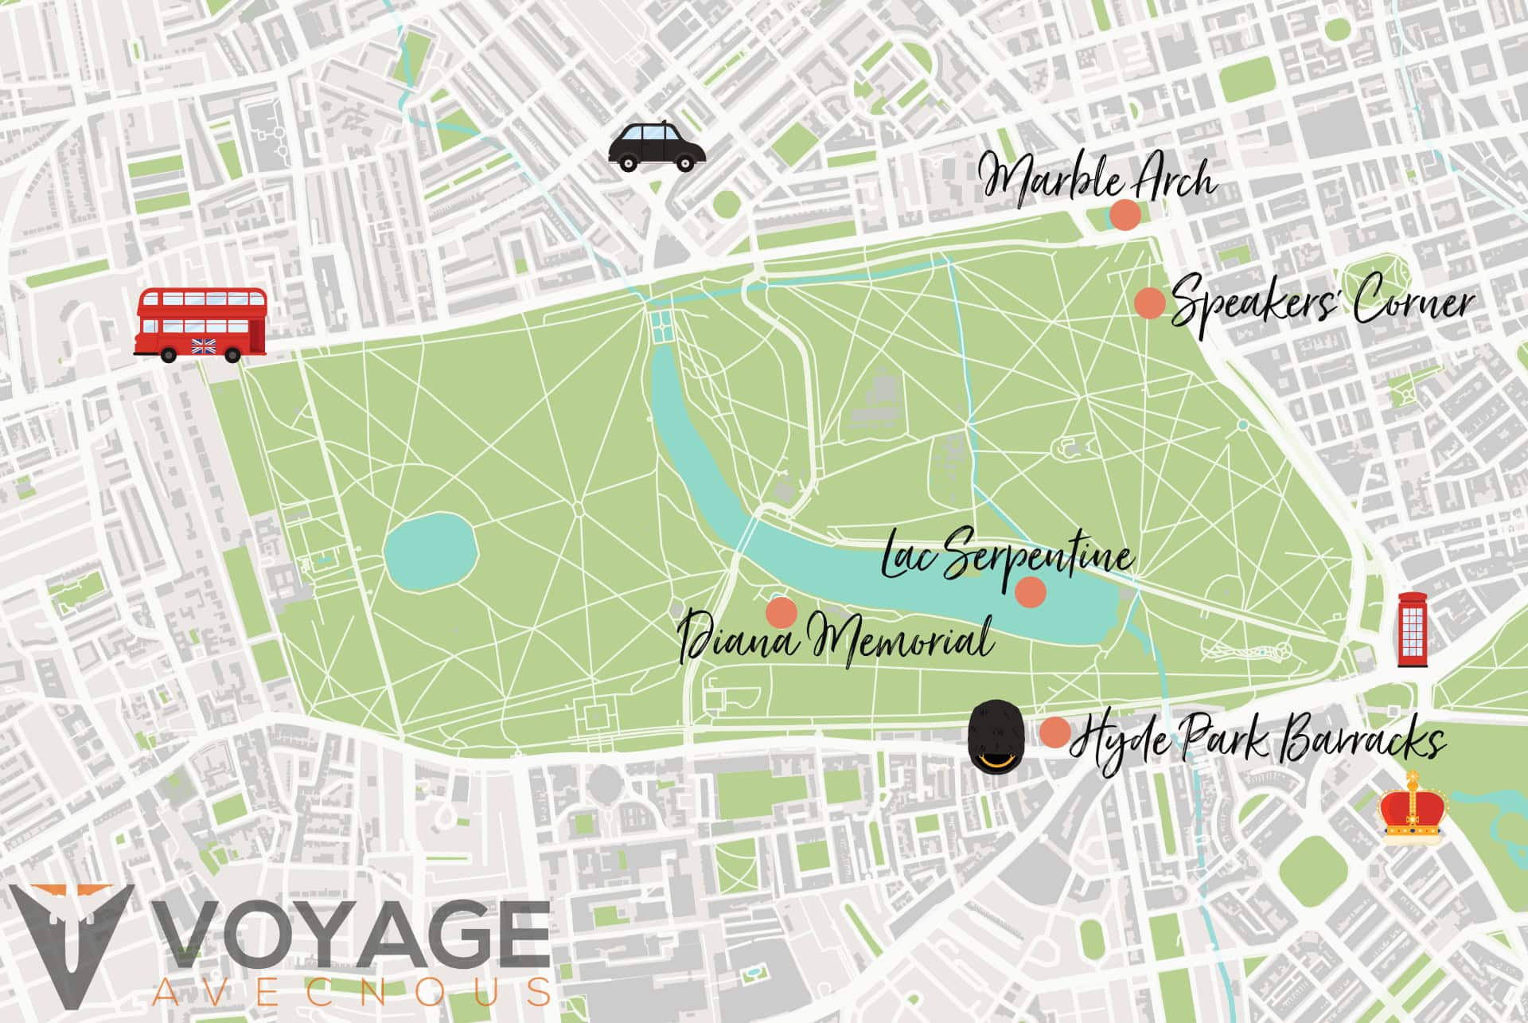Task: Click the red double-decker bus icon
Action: (201, 325)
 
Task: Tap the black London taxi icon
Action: (657, 147)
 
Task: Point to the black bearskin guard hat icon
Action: (995, 735)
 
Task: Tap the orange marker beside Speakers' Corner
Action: (1149, 303)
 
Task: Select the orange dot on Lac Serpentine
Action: (1030, 592)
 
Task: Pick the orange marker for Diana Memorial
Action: (781, 611)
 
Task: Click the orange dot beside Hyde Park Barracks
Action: (1055, 732)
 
